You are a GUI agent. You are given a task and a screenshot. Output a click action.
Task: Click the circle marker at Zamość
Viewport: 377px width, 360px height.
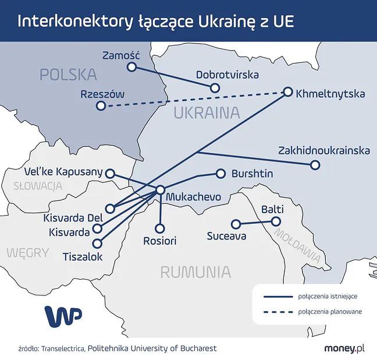(x=131, y=67)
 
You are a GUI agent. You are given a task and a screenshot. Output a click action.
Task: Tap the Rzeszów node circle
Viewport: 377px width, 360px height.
(x=101, y=106)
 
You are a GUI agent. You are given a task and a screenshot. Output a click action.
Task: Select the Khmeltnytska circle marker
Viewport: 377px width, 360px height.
(x=288, y=91)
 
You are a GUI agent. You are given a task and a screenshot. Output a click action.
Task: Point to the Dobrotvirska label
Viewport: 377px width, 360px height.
(x=227, y=75)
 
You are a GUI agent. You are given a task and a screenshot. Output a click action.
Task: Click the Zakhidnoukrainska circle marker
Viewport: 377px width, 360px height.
(x=315, y=165)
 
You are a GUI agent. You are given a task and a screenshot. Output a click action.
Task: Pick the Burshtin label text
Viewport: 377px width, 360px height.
(x=252, y=174)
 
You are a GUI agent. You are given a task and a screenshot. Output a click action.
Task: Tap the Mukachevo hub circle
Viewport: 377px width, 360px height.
(x=160, y=190)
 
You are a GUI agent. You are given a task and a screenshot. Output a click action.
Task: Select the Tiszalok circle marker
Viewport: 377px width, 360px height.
(x=97, y=243)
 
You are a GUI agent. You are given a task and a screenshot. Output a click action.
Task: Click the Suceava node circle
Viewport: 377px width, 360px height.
(x=236, y=224)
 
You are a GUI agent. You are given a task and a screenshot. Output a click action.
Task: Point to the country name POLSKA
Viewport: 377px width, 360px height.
(x=67, y=74)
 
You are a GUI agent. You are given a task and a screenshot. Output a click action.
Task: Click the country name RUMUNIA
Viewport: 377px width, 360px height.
(x=195, y=271)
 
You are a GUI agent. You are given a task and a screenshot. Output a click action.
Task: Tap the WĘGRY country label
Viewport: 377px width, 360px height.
(x=28, y=252)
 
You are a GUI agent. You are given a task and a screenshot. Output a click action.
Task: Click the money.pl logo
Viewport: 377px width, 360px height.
(x=344, y=348)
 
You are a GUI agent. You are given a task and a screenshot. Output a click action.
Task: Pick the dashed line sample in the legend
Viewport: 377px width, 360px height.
(x=277, y=312)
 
